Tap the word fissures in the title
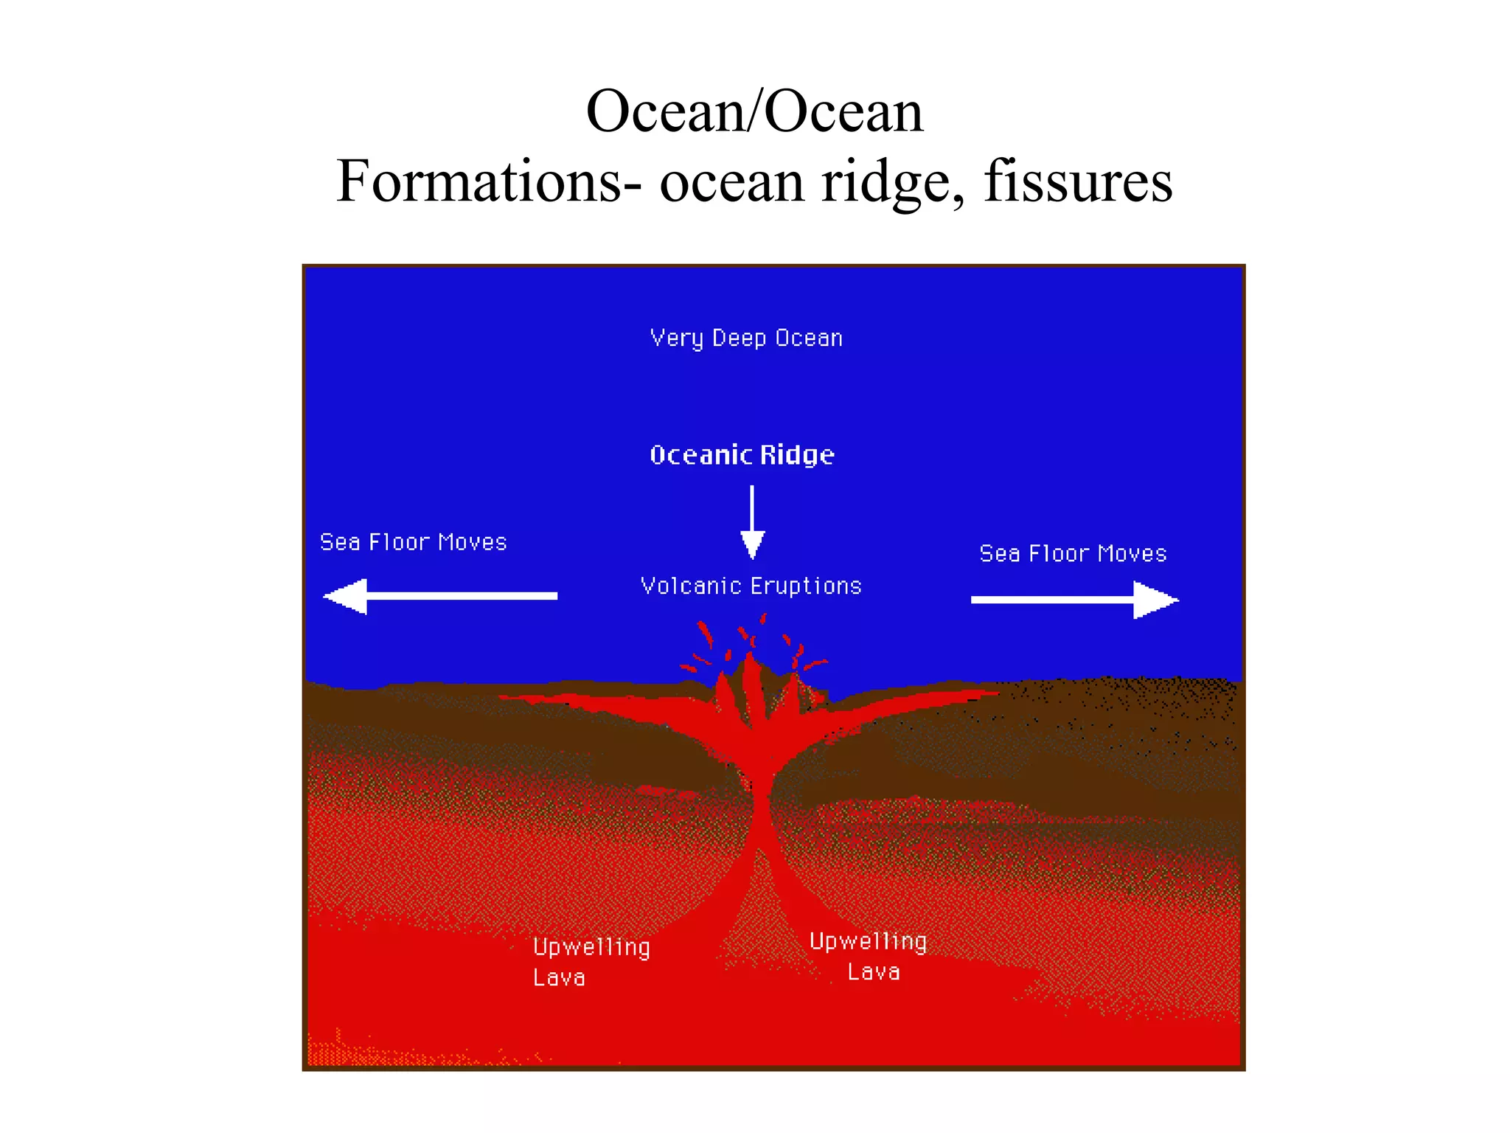pyautogui.click(x=1078, y=181)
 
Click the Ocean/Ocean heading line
pyautogui.click(x=754, y=112)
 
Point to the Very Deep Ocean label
pyautogui.click(x=746, y=339)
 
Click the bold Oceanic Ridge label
pyautogui.click(x=742, y=455)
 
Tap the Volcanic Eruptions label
pyautogui.click(x=751, y=586)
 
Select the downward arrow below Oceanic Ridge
pyautogui.click(x=752, y=522)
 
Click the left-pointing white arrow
pyautogui.click(x=440, y=596)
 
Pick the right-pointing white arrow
pyautogui.click(x=1074, y=600)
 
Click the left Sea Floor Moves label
pyautogui.click(x=413, y=542)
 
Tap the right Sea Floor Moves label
pyautogui.click(x=1073, y=553)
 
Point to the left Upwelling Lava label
pyautogui.click(x=591, y=962)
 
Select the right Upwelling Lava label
pyautogui.click(x=868, y=956)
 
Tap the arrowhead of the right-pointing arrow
pyautogui.click(x=1154, y=600)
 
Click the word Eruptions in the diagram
pyautogui.click(x=806, y=586)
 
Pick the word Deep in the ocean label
pyautogui.click(x=739, y=339)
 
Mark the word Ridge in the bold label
pyautogui.click(x=797, y=456)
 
